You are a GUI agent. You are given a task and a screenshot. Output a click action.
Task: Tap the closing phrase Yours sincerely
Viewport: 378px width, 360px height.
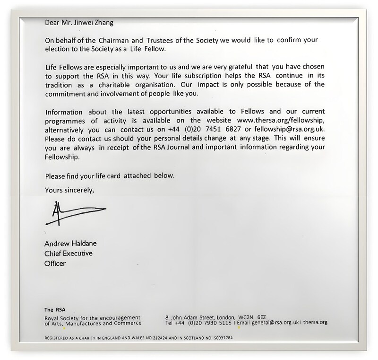point(69,190)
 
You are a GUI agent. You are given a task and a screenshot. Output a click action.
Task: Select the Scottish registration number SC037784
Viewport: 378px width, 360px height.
point(220,339)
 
